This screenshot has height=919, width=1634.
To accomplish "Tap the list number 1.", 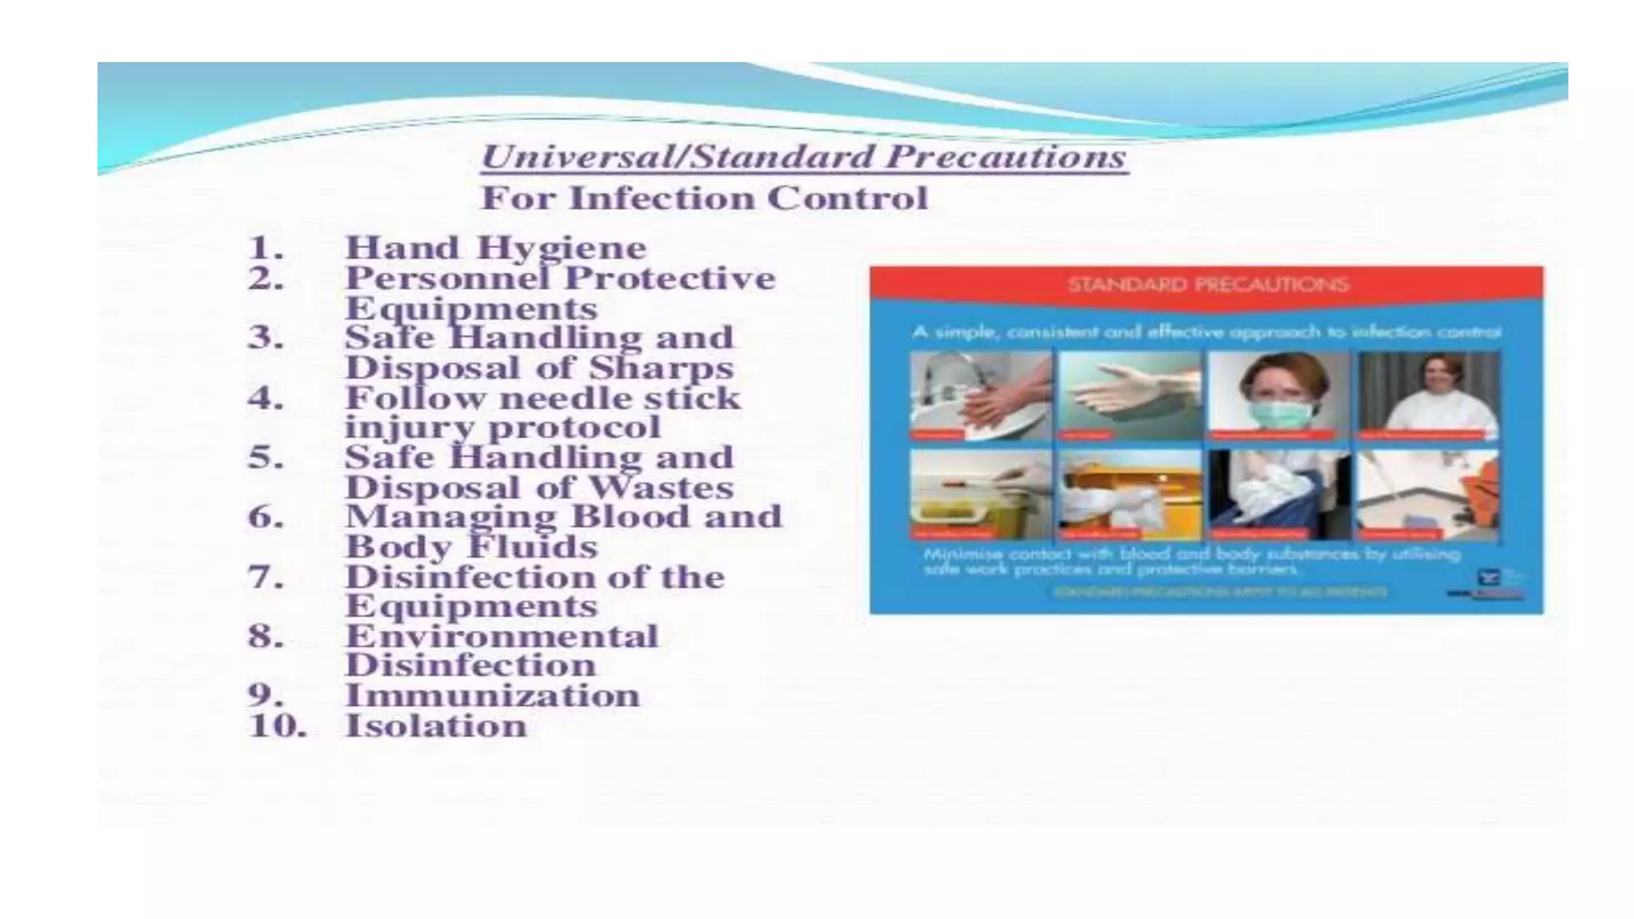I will [266, 248].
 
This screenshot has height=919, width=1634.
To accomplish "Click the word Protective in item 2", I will [669, 278].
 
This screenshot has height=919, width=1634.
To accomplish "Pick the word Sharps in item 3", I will [661, 369].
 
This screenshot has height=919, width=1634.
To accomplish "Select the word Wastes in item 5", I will [661, 487].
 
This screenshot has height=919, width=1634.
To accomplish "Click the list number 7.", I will [266, 577].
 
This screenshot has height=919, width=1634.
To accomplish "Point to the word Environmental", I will [502, 637].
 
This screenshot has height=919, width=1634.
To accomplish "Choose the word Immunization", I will [492, 696].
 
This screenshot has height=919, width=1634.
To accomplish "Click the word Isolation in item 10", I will [436, 726].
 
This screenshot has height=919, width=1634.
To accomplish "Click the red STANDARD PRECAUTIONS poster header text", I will [1207, 285].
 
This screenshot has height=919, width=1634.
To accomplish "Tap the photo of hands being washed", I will [981, 396].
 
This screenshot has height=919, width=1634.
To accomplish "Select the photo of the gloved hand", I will [1130, 396].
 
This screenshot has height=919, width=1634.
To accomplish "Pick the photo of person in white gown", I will [1428, 396].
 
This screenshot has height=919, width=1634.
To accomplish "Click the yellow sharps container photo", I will [981, 495].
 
